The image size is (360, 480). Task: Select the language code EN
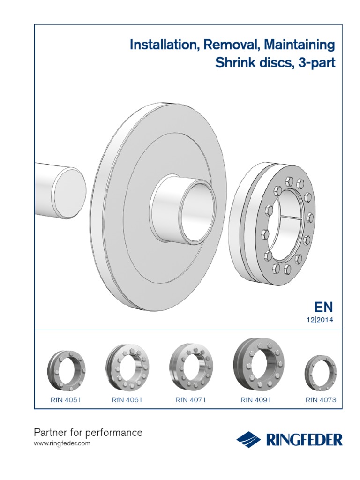click(x=323, y=307)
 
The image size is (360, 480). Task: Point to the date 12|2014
click(x=320, y=320)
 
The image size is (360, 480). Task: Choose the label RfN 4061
click(x=127, y=400)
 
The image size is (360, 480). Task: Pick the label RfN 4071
click(x=191, y=400)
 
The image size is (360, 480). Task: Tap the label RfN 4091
click(x=256, y=400)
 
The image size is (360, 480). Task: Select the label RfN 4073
click(x=321, y=400)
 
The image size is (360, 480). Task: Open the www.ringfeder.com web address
click(x=63, y=443)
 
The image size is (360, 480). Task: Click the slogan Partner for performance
click(x=89, y=432)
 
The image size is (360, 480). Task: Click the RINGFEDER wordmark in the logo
click(x=304, y=440)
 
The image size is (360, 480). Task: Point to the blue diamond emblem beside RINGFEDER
click(x=248, y=440)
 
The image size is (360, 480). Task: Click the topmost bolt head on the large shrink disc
click(x=289, y=180)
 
